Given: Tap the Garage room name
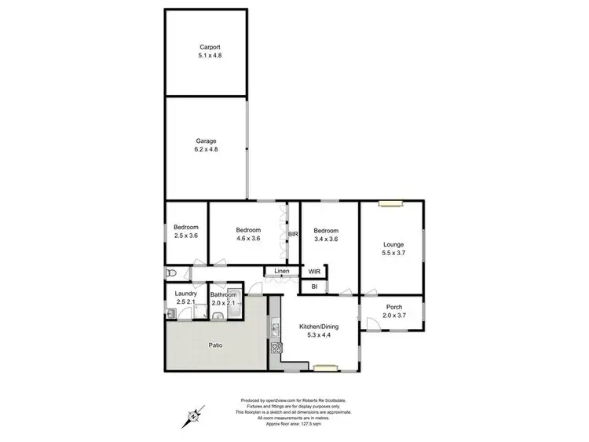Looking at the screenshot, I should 206,141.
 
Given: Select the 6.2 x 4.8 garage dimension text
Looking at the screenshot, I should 206,150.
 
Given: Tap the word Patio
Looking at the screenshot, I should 215,345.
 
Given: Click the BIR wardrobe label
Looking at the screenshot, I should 294,234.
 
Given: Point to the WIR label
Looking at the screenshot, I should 314,272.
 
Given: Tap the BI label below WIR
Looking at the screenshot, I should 314,287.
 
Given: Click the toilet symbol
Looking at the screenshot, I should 170,272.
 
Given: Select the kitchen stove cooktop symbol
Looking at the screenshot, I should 276,348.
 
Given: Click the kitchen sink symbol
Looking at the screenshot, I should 276,327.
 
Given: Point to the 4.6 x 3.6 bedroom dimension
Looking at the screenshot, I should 248,239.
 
